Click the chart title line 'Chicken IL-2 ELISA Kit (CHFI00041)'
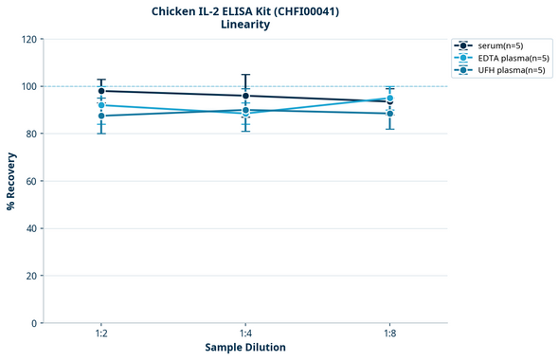point(245,11)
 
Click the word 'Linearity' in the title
point(245,25)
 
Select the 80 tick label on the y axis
point(32,134)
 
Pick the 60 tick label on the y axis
point(32,181)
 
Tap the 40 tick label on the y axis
point(32,228)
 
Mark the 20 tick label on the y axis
point(32,276)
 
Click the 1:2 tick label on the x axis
point(101,333)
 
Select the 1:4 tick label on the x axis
point(245,333)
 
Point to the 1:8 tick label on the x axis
point(389,333)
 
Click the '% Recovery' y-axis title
point(11,181)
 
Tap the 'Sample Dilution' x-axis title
point(245,348)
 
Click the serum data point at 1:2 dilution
point(101,91)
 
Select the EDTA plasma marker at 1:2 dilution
point(101,105)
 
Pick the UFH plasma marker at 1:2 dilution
point(101,116)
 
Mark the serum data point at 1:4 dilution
point(245,96)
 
